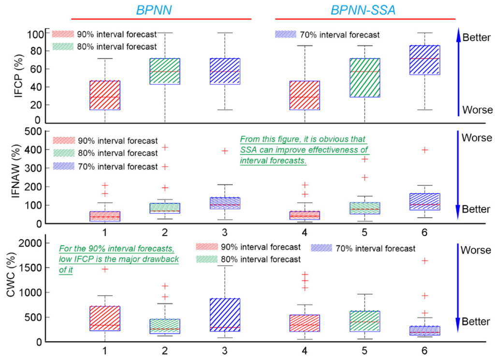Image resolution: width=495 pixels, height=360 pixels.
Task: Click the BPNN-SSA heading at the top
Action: [x=363, y=9]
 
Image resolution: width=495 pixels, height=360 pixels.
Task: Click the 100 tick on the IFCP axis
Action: [x=34, y=34]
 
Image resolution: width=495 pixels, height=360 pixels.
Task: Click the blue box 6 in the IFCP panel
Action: [x=424, y=60]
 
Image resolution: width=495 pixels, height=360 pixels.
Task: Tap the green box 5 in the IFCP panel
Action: [x=364, y=77]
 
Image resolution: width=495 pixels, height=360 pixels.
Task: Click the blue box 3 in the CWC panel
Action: [x=224, y=315]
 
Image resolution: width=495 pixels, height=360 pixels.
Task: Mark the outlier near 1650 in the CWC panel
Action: [x=424, y=261]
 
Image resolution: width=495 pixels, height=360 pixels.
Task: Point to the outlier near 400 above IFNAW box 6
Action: [x=424, y=150]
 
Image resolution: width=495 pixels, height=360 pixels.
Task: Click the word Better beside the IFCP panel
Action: [x=477, y=37]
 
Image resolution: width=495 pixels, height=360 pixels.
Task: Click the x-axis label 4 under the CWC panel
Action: [x=305, y=349]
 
